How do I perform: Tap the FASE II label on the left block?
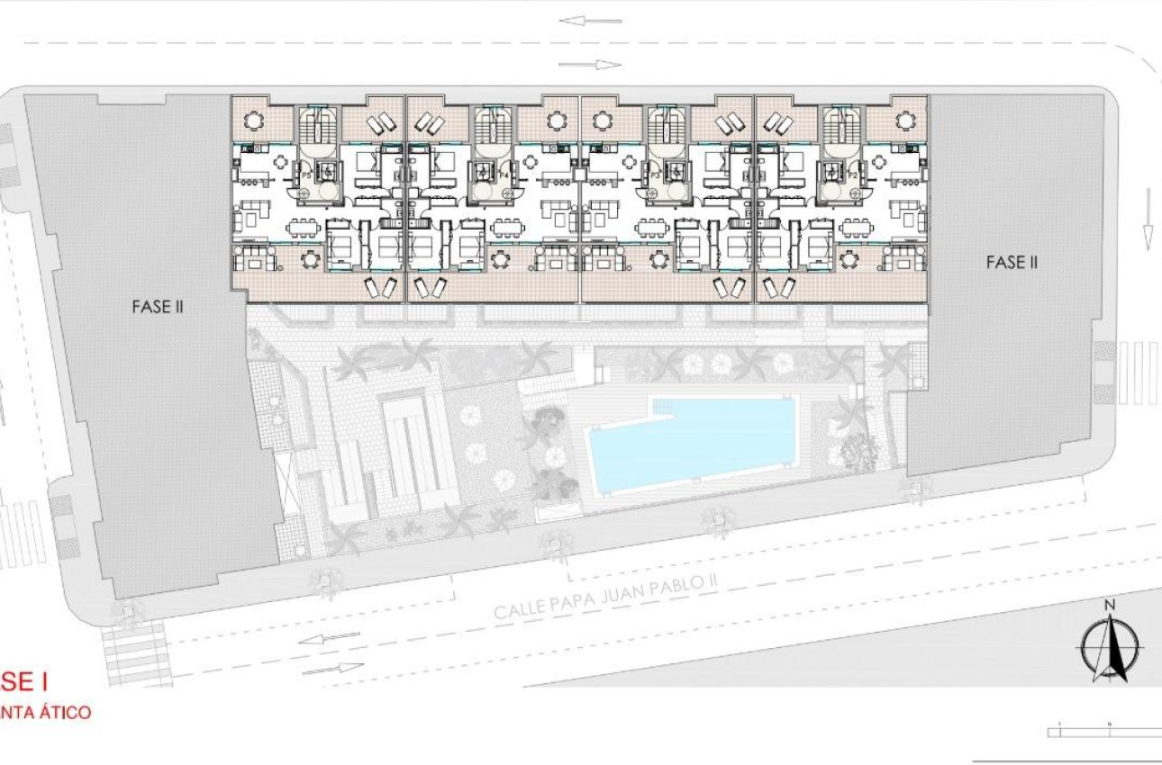(x=158, y=306)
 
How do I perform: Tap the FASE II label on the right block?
(x=1012, y=262)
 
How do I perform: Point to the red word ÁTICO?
(x=61, y=712)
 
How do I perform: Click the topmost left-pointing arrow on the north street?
(x=590, y=20)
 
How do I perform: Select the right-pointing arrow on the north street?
(x=590, y=64)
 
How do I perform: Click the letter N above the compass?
(x=1111, y=604)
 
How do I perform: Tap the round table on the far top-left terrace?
(x=256, y=119)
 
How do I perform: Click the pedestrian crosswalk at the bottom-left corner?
(x=135, y=655)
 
